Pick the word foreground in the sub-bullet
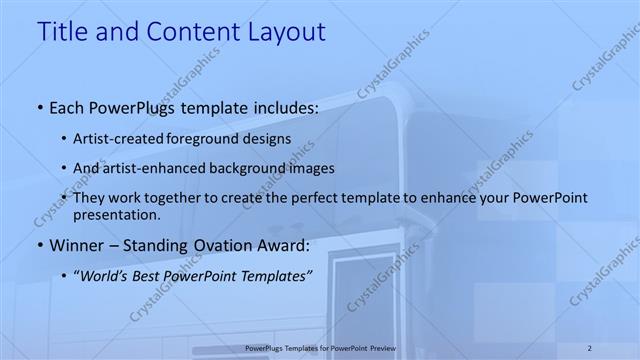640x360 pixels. pos(218,138)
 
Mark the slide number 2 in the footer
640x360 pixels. pos(590,348)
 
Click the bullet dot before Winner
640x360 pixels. pos(39,246)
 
